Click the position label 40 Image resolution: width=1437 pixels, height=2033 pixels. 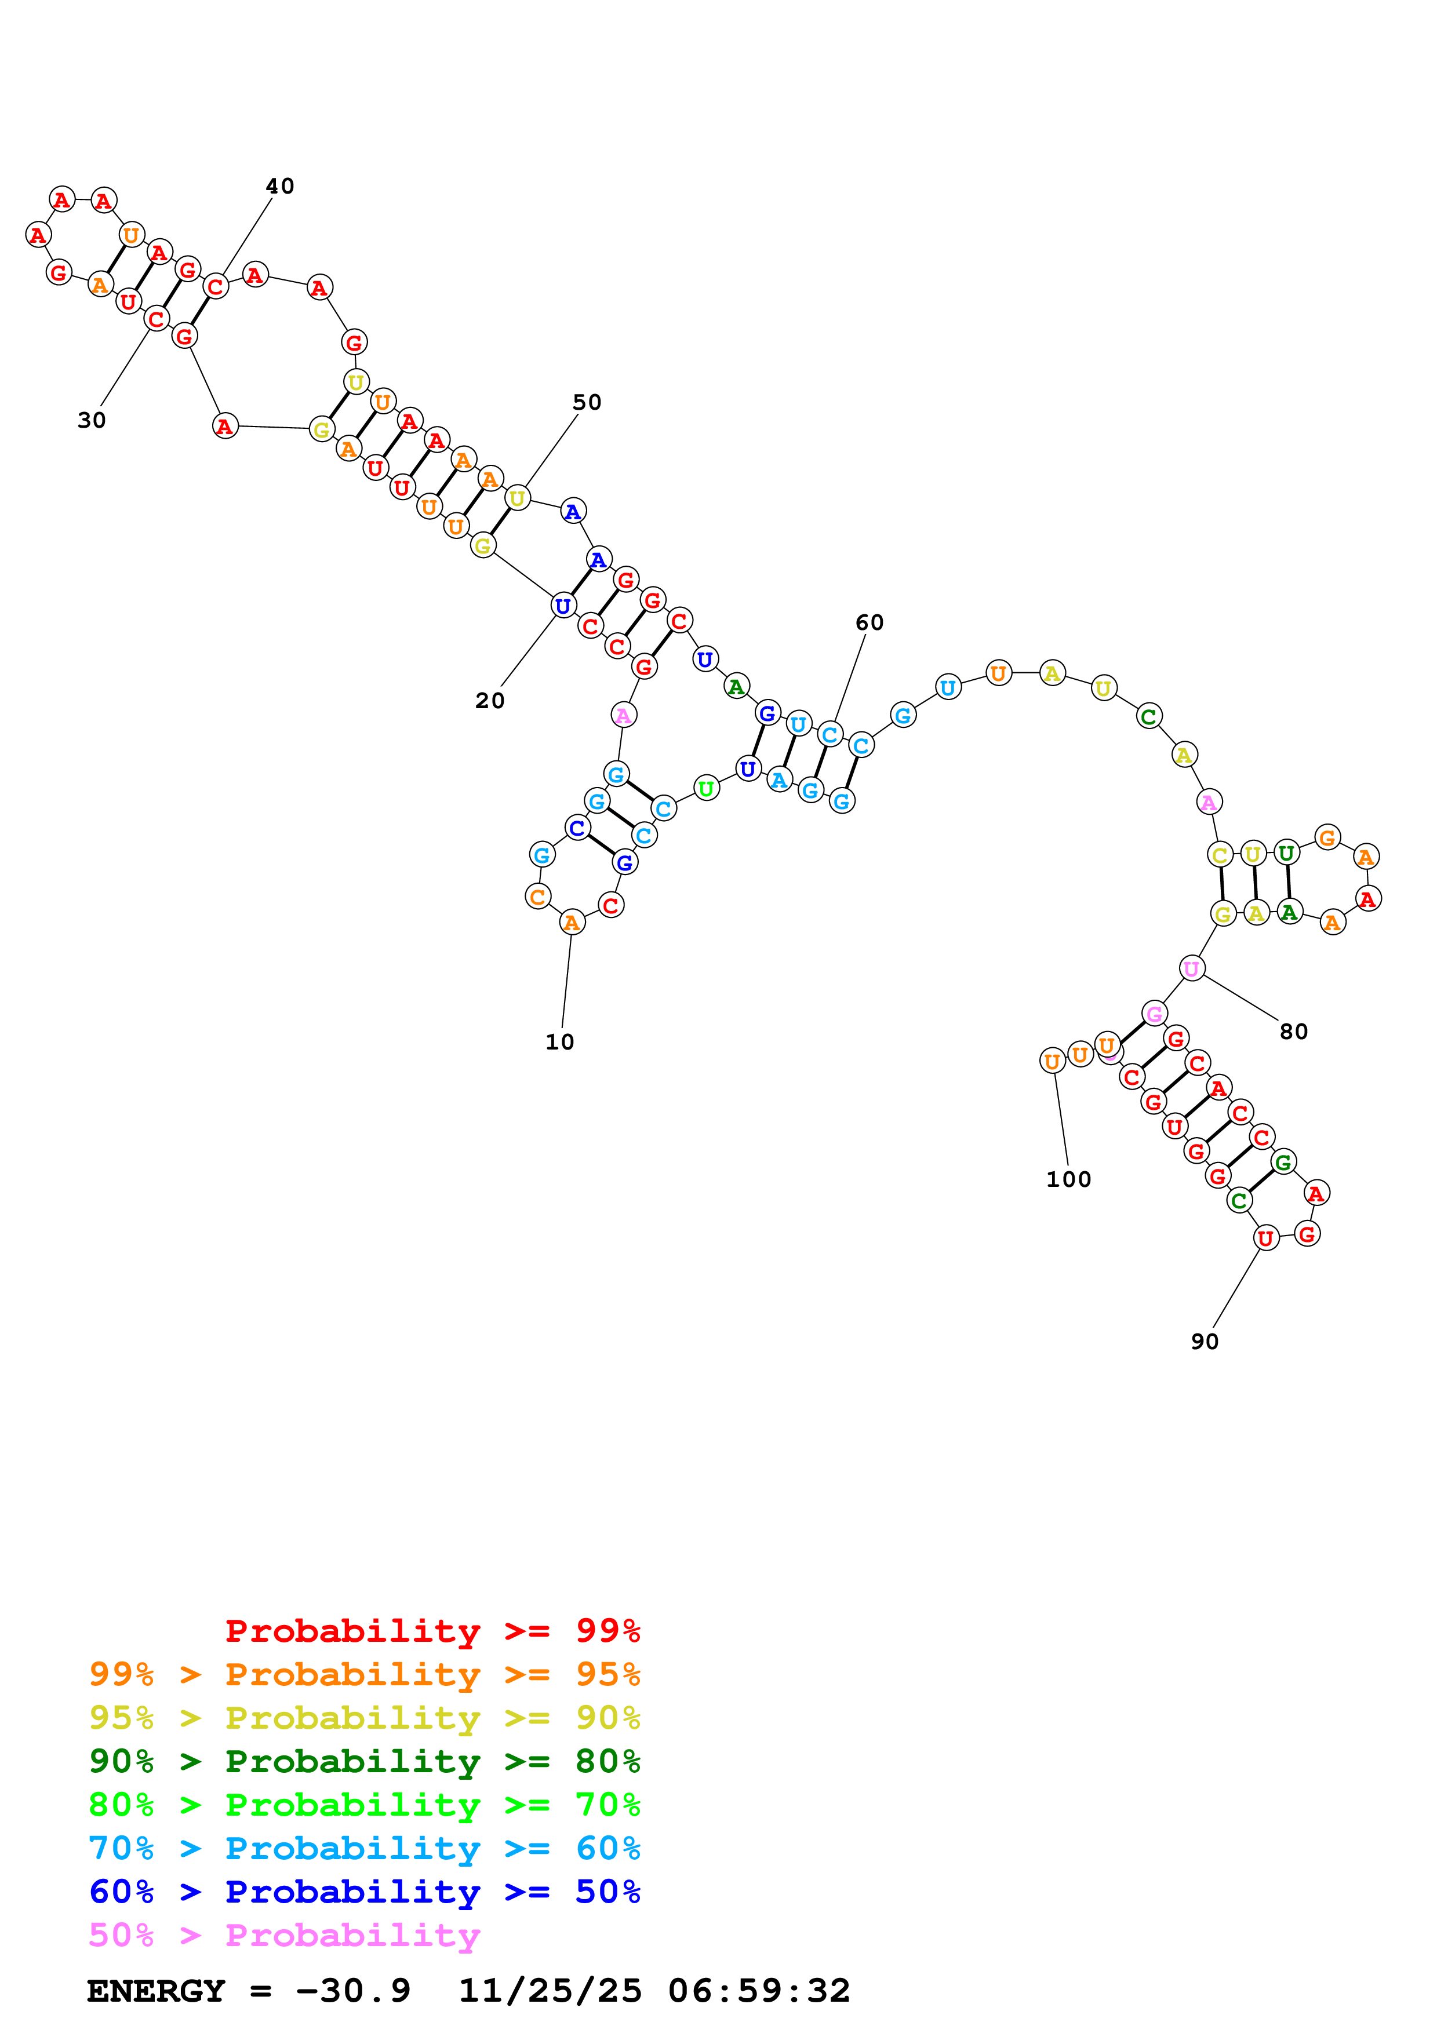pyautogui.click(x=280, y=186)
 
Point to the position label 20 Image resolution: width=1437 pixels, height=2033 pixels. pyautogui.click(x=490, y=701)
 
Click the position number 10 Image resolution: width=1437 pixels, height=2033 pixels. pyautogui.click(x=559, y=1041)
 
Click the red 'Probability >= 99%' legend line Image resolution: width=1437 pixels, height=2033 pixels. pyautogui.click(x=432, y=1630)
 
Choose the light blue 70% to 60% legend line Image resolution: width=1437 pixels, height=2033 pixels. pyautogui.click(x=364, y=1848)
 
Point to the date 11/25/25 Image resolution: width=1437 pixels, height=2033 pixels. pyautogui.click(x=549, y=1991)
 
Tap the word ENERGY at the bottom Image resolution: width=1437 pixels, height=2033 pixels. pyautogui.click(x=156, y=1991)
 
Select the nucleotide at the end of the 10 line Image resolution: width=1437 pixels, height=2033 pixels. pyautogui.click(x=572, y=923)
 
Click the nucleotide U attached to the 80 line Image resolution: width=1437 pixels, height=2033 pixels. pyautogui.click(x=1192, y=968)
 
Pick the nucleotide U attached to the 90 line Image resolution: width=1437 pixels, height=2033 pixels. pyautogui.click(x=1265, y=1238)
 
